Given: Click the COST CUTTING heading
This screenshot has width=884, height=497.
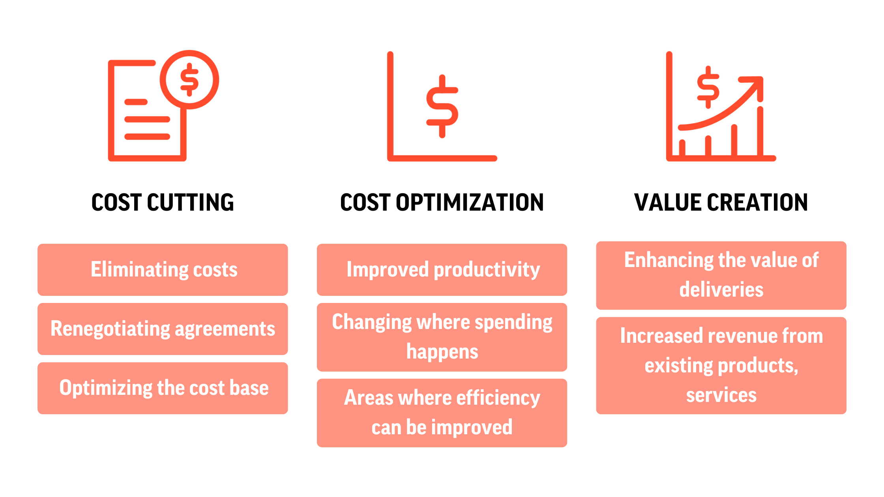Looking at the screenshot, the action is (x=163, y=202).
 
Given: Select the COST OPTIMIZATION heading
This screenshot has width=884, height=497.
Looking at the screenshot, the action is (x=442, y=202).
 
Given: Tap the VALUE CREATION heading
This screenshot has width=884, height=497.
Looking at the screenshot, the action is (x=721, y=202).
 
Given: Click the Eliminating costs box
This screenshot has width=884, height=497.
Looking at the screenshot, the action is (x=163, y=270).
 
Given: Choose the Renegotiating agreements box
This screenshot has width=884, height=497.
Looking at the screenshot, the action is (x=163, y=329).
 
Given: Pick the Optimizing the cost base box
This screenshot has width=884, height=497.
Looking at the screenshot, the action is (x=163, y=388).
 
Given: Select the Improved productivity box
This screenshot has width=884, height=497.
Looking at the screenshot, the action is (x=442, y=270).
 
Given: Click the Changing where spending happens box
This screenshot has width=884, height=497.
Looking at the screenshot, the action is (x=442, y=337).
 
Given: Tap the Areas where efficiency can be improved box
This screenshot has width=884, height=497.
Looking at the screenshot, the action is (x=442, y=413).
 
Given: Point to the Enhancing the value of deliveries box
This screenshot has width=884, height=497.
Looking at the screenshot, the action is (x=721, y=275).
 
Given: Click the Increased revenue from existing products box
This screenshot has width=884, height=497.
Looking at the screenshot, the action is (x=721, y=366).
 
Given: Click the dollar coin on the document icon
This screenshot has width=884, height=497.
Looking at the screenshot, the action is (x=189, y=80).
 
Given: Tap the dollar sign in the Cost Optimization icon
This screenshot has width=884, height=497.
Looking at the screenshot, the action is (x=442, y=106).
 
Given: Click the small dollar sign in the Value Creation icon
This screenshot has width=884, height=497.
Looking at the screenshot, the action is (x=708, y=87).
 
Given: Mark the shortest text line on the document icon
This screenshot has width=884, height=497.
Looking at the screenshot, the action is (x=136, y=102).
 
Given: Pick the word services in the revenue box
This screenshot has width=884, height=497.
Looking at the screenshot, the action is (x=721, y=395).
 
